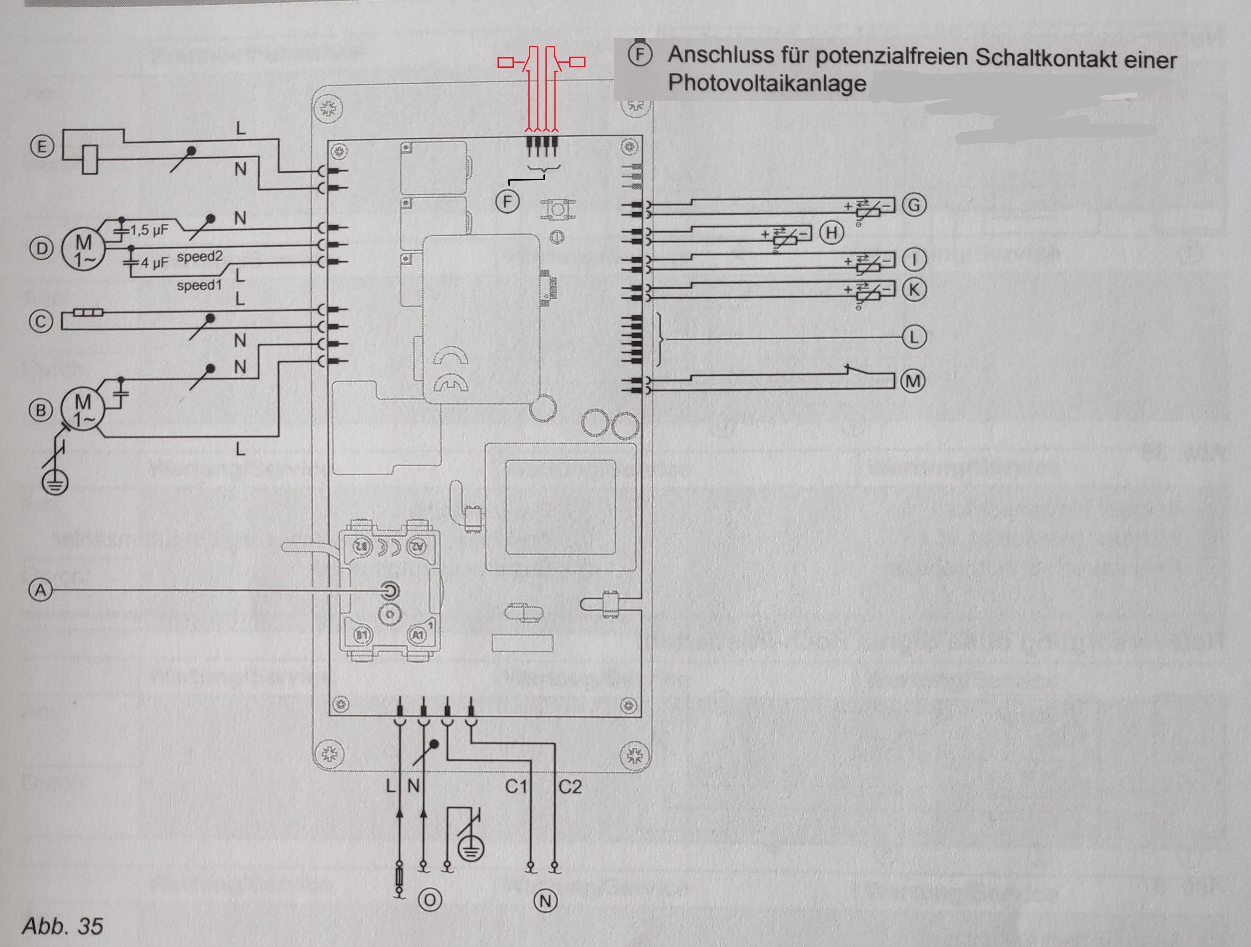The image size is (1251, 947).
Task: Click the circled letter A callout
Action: pyautogui.click(x=40, y=590)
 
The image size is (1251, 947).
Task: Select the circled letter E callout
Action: pyautogui.click(x=41, y=147)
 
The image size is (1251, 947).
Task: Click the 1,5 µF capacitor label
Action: pyautogui.click(x=149, y=230)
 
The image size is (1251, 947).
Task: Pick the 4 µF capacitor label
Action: pyautogui.click(x=154, y=263)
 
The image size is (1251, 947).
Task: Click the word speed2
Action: pyautogui.click(x=200, y=257)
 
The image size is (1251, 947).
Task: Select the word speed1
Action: pyautogui.click(x=199, y=285)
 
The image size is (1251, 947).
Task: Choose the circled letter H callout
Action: pyautogui.click(x=831, y=233)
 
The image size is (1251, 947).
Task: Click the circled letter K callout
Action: pyautogui.click(x=914, y=290)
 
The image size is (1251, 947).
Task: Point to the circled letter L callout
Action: pyautogui.click(x=914, y=337)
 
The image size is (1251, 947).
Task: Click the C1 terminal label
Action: pyautogui.click(x=516, y=787)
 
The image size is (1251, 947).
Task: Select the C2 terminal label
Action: pyautogui.click(x=570, y=787)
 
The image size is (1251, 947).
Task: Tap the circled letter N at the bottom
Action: pyautogui.click(x=546, y=901)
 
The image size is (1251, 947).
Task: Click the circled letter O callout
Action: pyautogui.click(x=430, y=900)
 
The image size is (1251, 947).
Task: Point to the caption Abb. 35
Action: pyautogui.click(x=63, y=926)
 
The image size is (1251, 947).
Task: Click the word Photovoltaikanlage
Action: pyautogui.click(x=767, y=83)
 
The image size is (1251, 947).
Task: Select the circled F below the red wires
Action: pyautogui.click(x=507, y=201)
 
